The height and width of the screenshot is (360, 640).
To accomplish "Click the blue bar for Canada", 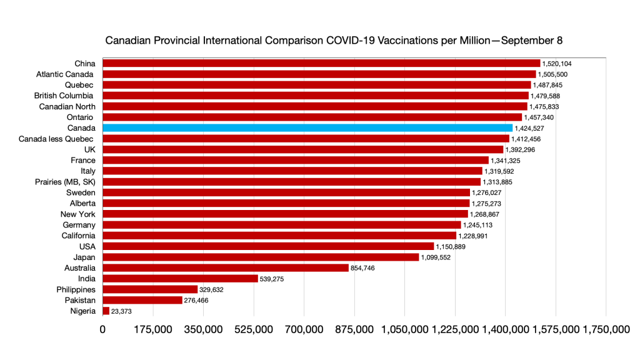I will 307,128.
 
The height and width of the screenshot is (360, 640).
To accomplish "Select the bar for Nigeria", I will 106,311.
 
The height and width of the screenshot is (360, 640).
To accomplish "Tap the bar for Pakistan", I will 142,300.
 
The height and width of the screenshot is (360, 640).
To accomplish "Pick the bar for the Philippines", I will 150,289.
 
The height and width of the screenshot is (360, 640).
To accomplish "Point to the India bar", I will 180,279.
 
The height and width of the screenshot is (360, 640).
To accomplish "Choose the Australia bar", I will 226,267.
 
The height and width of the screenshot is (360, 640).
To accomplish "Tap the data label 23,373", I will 121,311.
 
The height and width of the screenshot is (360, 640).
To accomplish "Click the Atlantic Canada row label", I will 66,74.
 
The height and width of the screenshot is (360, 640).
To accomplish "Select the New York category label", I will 79,214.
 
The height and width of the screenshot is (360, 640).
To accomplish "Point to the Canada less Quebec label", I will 57,139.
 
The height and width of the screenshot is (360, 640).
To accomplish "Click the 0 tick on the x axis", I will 102,330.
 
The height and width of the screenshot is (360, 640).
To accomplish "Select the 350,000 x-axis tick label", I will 204,330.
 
